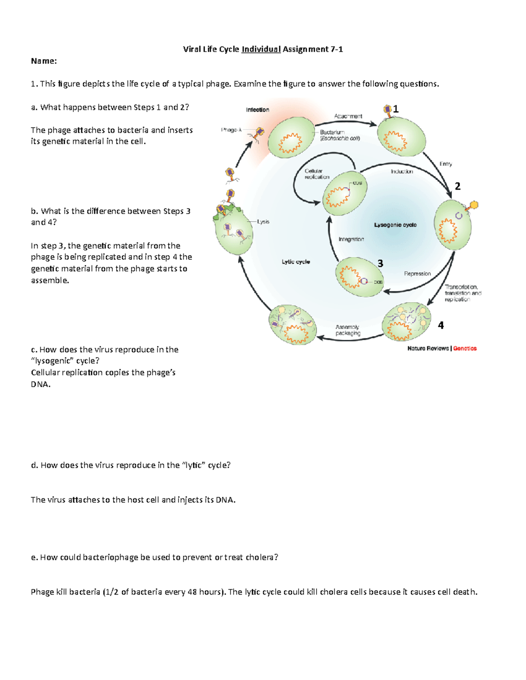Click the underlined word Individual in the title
pos(261,49)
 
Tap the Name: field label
pos(44,61)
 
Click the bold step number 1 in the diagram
pos(395,109)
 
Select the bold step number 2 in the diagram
pos(458,186)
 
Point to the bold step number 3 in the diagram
pos(380,263)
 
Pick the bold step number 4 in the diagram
pos(441,325)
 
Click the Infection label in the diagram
pos(257,110)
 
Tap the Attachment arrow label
pos(348,116)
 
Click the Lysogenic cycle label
pos(395,225)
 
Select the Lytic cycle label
pos(295,262)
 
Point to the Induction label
pos(402,172)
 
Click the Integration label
pos(351,240)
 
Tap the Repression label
pos(417,274)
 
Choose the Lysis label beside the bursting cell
pos(263,222)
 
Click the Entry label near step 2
pos(445,164)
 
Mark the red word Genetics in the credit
pos(465,349)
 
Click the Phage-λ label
pos(231,130)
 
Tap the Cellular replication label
pos(316,174)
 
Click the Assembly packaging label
pos(348,330)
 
